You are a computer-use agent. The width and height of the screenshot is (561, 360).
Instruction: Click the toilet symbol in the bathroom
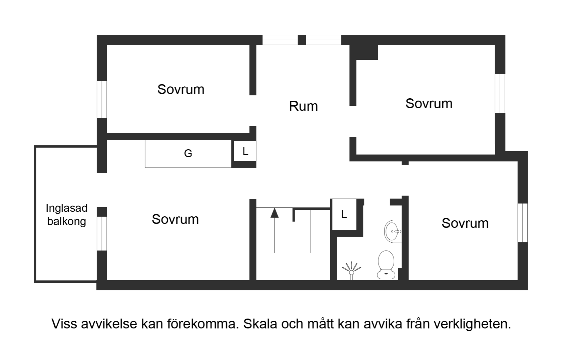(x=386, y=265)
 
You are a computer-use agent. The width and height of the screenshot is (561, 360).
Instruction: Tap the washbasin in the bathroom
(x=393, y=231)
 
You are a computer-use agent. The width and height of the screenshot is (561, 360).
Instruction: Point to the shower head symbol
(x=352, y=271)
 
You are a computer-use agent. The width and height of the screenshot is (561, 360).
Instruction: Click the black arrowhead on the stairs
(x=274, y=213)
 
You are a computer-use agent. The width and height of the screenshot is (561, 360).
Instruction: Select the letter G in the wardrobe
(x=188, y=153)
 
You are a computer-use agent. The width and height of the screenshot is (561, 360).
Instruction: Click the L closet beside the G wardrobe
(x=245, y=151)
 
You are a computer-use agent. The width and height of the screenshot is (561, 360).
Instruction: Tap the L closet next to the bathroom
(x=344, y=214)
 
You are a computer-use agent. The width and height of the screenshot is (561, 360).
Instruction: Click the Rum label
(x=303, y=106)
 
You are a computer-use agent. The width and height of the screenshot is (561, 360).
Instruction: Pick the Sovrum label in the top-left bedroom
(x=181, y=89)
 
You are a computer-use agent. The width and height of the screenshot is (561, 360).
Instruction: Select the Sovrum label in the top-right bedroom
(x=429, y=104)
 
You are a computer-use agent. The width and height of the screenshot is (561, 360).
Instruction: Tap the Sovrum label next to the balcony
(x=175, y=219)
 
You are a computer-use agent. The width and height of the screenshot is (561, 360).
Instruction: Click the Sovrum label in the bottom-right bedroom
(x=465, y=223)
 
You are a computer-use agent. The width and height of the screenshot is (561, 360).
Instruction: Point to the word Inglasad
(x=67, y=208)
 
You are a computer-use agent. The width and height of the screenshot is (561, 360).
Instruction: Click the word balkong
(x=67, y=222)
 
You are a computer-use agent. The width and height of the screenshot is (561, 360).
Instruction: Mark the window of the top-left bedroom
(x=102, y=99)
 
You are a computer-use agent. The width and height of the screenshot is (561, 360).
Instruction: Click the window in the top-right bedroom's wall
(x=500, y=93)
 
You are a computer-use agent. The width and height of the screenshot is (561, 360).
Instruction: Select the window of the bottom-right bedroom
(x=522, y=223)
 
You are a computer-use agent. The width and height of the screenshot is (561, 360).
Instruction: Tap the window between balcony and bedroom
(x=102, y=233)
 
